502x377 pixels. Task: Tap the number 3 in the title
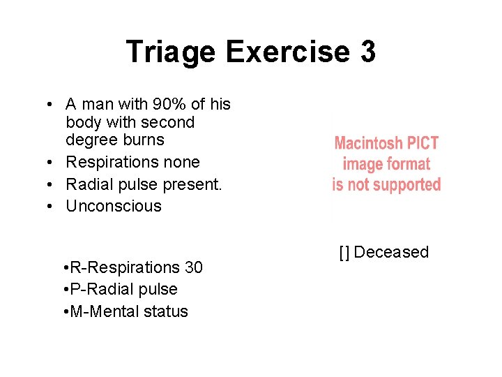click(x=367, y=52)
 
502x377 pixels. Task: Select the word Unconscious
click(x=114, y=206)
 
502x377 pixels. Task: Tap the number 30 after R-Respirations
click(x=193, y=267)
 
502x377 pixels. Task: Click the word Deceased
click(x=391, y=252)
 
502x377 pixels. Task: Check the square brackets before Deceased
click(x=344, y=253)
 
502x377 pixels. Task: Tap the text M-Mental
click(x=100, y=311)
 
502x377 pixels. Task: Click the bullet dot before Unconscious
click(x=52, y=207)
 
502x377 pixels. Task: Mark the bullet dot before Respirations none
click(x=52, y=163)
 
